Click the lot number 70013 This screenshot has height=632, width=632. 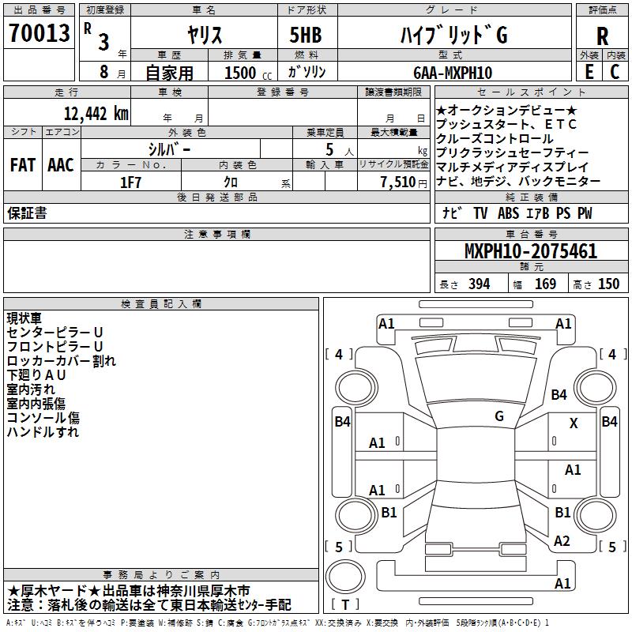click(x=39, y=34)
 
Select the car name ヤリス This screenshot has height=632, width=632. click(x=205, y=35)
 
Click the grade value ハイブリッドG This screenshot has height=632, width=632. click(x=452, y=35)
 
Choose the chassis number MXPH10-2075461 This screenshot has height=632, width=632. click(x=530, y=252)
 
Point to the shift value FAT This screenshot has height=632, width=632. click(x=22, y=165)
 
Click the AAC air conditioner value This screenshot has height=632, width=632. click(x=60, y=165)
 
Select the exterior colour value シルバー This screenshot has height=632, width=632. click(x=169, y=149)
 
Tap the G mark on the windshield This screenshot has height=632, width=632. click(x=499, y=416)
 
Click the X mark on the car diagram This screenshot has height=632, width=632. click(x=574, y=423)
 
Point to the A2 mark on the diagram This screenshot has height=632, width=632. click(x=562, y=541)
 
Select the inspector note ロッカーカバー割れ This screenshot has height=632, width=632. click(x=62, y=361)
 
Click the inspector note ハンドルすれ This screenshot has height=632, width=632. click(x=43, y=432)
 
